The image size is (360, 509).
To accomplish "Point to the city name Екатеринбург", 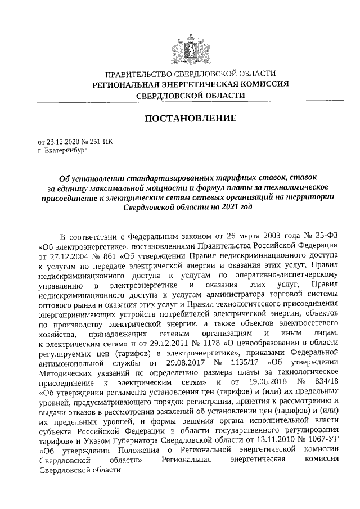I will click(63, 151).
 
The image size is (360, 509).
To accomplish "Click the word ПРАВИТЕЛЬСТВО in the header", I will click(138, 74).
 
